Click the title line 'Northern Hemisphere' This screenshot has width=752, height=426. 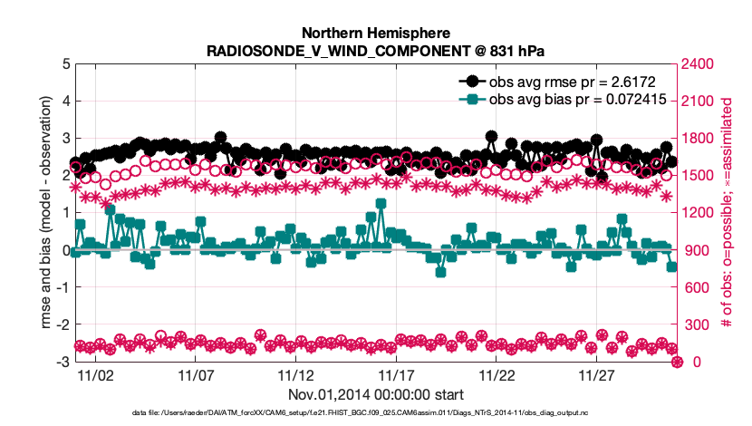[x=375, y=32]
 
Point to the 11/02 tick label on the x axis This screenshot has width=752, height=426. [x=95, y=374]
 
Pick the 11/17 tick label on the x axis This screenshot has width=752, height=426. [x=396, y=374]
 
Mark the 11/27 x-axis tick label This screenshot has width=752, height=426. [x=596, y=374]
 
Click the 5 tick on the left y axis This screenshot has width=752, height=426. [x=65, y=64]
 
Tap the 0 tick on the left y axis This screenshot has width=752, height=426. [x=65, y=250]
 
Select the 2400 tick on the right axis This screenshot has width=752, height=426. [x=698, y=64]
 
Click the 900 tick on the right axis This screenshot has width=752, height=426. [x=694, y=250]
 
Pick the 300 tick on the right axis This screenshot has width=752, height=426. [x=694, y=324]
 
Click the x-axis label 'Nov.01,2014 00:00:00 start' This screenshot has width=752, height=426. [x=375, y=394]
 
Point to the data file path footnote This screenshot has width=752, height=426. [x=375, y=414]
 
